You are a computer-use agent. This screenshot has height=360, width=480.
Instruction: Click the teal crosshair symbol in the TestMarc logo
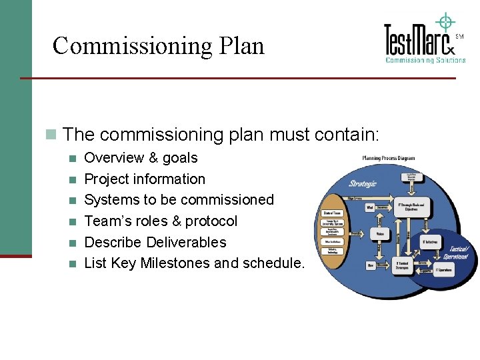click(445, 22)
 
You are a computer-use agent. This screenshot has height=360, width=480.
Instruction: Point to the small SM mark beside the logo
click(459, 37)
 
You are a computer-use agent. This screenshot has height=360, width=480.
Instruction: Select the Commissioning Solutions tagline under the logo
click(425, 60)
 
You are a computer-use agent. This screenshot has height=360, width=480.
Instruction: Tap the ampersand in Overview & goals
click(153, 158)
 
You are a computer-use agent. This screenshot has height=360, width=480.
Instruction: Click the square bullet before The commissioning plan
click(50, 135)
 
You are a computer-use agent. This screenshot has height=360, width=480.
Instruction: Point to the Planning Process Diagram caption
click(388, 159)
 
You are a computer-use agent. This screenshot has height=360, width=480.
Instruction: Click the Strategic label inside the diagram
click(363, 183)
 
